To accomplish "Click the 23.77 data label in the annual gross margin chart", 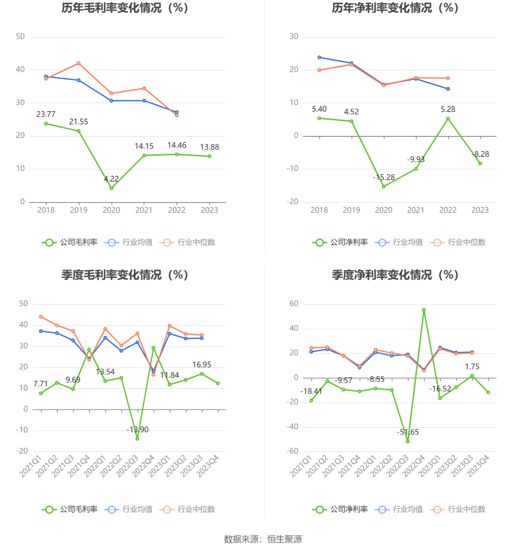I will pos(46,114).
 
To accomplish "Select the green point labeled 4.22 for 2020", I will pos(111,188).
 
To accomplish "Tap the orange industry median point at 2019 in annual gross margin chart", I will pos(79,63).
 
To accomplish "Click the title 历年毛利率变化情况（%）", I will pos(125,8).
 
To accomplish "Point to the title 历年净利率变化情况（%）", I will pos(395,8).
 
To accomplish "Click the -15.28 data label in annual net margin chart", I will pos(384,177).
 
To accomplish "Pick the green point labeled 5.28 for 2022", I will pos(448,119).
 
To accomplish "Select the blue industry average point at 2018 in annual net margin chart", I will pos(319,58).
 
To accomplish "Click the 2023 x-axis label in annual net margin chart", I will pos(480,210).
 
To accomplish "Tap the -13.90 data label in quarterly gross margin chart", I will pos(137,430).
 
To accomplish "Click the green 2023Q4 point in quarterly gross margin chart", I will pos(218,383).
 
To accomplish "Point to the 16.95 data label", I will pos(202,365).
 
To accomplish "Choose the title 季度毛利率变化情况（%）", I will pos(125,275).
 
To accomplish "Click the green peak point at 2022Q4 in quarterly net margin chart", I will pos(424,310).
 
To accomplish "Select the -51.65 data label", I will pos(408,432).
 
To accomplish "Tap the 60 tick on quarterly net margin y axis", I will pos(294,304).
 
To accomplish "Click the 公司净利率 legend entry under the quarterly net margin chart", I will pos(340,510).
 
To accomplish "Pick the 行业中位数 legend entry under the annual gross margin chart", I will pos(187,242).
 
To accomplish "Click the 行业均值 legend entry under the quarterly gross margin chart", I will pos(128,510).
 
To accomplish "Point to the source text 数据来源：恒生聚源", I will pos(263,539).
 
